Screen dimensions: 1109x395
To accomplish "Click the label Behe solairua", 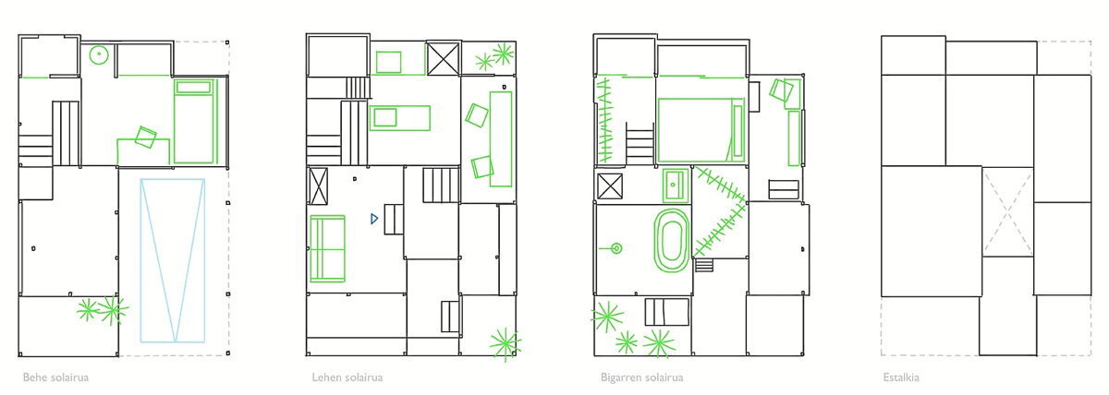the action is coord(56,377).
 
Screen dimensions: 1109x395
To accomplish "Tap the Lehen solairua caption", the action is coord(347,377).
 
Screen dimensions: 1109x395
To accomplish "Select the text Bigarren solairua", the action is coord(641,377).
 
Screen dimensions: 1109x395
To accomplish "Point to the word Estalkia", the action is coord(901,377).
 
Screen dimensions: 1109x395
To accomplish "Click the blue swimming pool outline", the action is coord(140,260).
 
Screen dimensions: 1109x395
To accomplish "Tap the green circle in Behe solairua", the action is coord(99,54).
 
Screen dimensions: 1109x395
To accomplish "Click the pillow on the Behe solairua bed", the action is coord(193,87).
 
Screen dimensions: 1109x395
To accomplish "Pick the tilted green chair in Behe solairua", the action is coord(146,137).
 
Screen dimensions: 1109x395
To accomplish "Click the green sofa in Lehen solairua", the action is coord(327,248).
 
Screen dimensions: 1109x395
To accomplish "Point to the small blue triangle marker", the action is coord(374,219).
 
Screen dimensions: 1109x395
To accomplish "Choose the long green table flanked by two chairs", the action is coord(501,139).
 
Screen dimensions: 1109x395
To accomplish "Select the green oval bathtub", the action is coord(671,241).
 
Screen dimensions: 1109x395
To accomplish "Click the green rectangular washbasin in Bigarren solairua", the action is coord(676,186).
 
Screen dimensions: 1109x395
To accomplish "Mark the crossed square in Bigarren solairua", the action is coord(610,186).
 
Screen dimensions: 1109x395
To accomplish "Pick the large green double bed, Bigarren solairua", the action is coord(701,130).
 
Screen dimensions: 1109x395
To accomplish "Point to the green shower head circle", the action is coord(616,248).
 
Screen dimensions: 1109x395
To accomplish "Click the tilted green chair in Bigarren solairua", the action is coord(781,90).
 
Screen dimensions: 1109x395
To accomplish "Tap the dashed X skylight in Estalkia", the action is coord(1007,212).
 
